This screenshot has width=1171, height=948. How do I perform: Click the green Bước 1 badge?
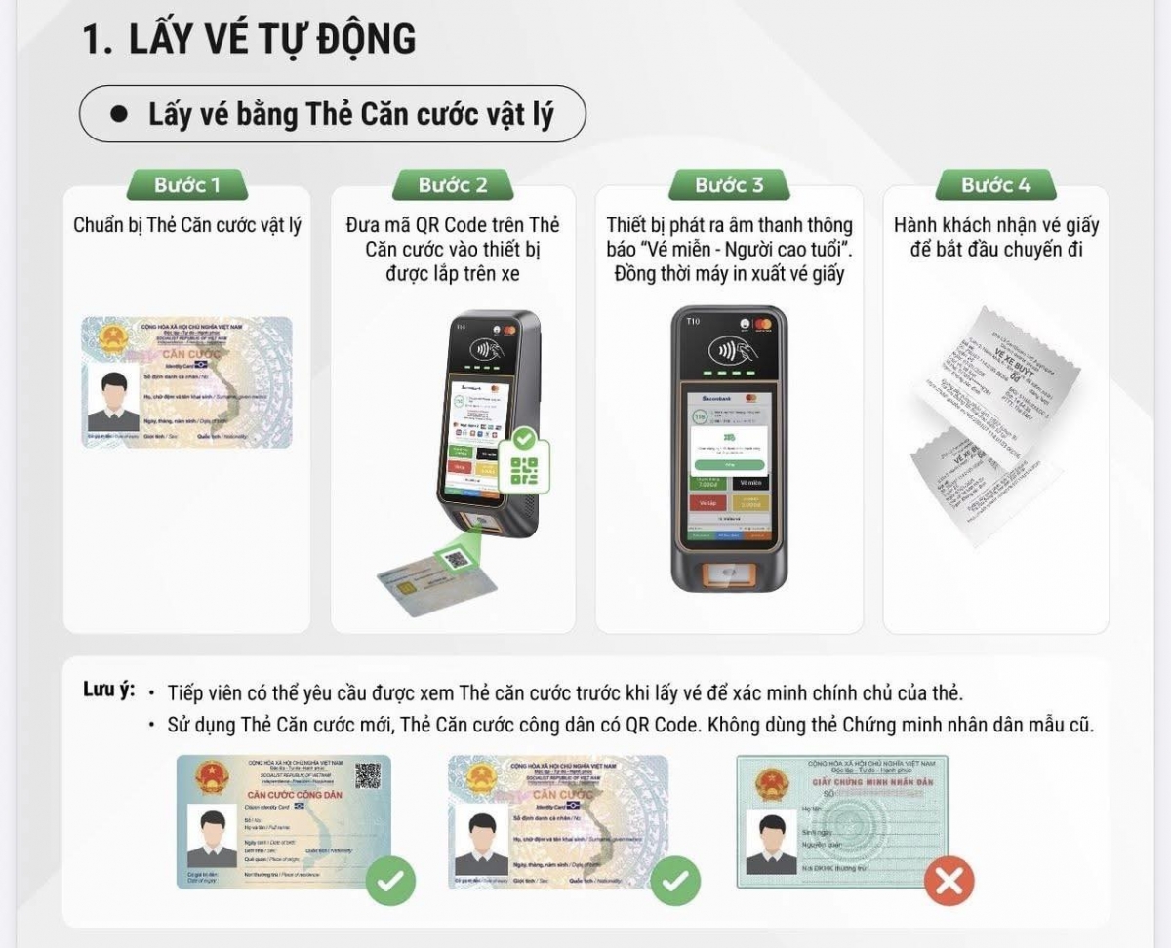(187, 185)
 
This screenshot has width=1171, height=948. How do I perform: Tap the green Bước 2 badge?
(453, 185)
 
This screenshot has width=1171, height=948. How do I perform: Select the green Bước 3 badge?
(729, 185)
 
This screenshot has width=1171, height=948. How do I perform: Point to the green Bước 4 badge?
(995, 185)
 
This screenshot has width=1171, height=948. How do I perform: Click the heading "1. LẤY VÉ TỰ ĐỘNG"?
(250, 40)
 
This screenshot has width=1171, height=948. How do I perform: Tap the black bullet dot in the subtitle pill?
(120, 114)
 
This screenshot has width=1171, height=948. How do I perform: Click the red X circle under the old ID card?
(948, 882)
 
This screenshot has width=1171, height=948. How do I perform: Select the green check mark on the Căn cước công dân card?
(390, 882)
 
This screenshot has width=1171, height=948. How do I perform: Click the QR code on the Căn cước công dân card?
(367, 775)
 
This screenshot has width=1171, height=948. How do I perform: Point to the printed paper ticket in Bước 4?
(995, 424)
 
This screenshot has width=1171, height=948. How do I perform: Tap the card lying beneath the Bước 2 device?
(438, 575)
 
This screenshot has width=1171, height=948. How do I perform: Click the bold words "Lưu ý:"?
(109, 690)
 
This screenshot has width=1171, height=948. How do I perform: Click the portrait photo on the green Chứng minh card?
(771, 844)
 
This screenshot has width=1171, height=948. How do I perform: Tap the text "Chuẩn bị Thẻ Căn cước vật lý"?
(187, 226)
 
